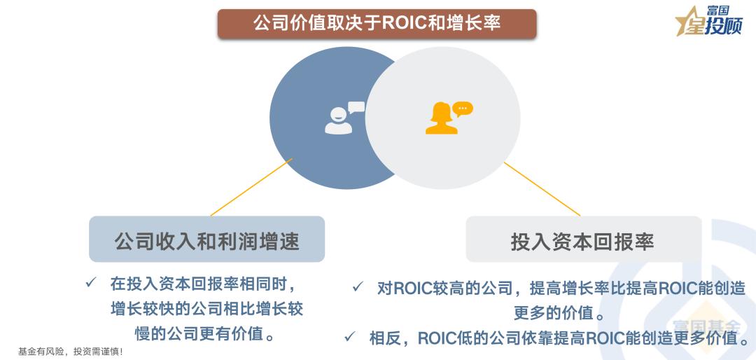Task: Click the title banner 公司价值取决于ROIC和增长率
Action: (377, 23)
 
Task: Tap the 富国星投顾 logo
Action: (708, 21)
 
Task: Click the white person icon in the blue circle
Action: (337, 121)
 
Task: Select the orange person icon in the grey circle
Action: (441, 120)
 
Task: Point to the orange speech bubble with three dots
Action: (463, 109)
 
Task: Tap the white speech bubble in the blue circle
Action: (356, 107)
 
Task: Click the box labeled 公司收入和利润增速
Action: (206, 240)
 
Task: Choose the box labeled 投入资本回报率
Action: (583, 240)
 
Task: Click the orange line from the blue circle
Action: (250, 188)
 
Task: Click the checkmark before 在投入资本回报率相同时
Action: (90, 283)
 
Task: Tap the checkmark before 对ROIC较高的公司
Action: (358, 287)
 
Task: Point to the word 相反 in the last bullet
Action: (385, 338)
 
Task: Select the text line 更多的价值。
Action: (560, 313)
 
